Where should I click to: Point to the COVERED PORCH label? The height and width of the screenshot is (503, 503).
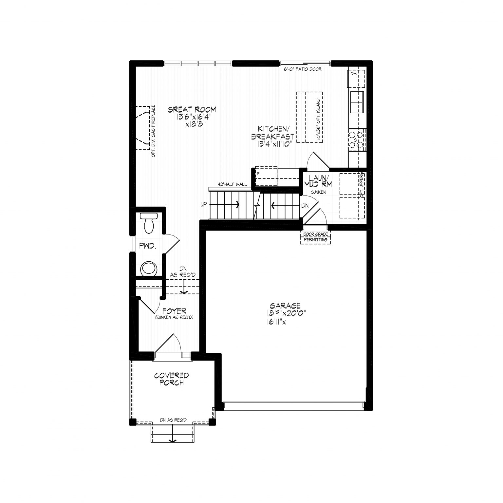pos(172,379)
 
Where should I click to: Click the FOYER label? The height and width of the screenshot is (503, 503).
pos(170,310)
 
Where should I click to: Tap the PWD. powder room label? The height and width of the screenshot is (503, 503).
pos(147,246)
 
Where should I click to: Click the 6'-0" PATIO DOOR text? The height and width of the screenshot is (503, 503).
pos(303,69)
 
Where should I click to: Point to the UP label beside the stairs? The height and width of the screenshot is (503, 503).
pos(204,205)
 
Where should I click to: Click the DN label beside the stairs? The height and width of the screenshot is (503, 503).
pos(305,206)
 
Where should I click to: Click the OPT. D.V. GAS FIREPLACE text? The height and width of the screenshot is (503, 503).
pos(154,131)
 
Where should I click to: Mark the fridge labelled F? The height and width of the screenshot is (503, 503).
pos(266,177)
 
